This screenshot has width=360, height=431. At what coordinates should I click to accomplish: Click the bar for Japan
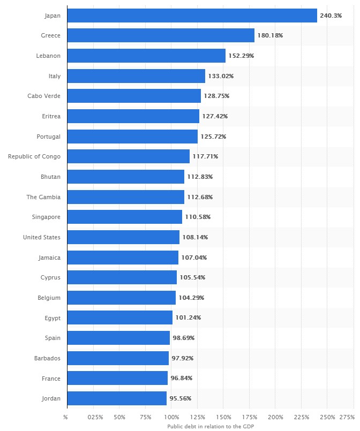pyautogui.click(x=192, y=16)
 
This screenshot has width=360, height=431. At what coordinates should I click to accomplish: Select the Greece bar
pyautogui.click(x=161, y=35)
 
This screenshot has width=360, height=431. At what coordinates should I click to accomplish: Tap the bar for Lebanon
pyautogui.click(x=146, y=56)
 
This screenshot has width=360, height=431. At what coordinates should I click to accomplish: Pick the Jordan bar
pyautogui.click(x=117, y=398)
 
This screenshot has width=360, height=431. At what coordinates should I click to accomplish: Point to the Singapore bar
pyautogui.click(x=125, y=217)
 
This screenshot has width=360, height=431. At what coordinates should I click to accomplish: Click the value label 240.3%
pyautogui.click(x=331, y=16)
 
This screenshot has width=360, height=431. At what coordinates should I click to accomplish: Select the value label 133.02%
pyautogui.click(x=221, y=76)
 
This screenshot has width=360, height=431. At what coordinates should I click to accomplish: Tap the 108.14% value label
pyautogui.click(x=195, y=237)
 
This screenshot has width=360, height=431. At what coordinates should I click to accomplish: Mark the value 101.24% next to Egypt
pyautogui.click(x=188, y=317)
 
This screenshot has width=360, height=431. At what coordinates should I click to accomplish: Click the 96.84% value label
pyautogui.click(x=181, y=378)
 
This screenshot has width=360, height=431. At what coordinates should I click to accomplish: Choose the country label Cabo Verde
pyautogui.click(x=44, y=96)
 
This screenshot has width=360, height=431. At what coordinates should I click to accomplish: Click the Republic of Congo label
pyautogui.click(x=34, y=156)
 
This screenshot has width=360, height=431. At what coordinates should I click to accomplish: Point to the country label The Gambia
pyautogui.click(x=43, y=197)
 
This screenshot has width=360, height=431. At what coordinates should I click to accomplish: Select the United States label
pyautogui.click(x=41, y=237)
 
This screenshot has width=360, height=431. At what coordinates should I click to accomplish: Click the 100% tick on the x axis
pyautogui.click(x=171, y=417)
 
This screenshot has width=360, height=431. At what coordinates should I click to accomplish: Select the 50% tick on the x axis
pyautogui.click(x=119, y=417)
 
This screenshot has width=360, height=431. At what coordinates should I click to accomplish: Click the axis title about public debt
pyautogui.click(x=210, y=426)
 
